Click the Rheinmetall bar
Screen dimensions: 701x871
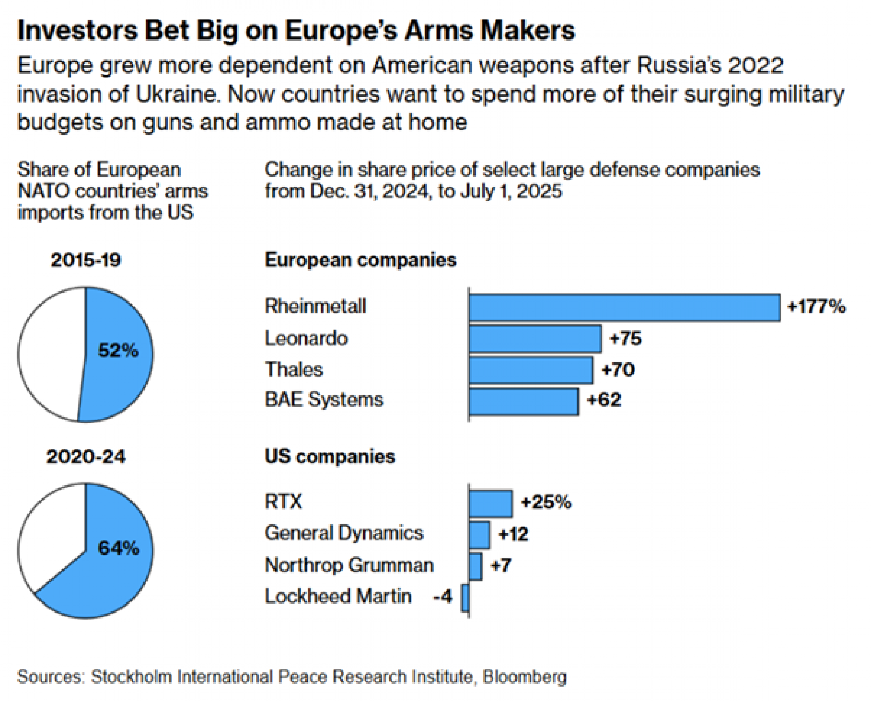click(625, 308)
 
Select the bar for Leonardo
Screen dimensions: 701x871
click(535, 339)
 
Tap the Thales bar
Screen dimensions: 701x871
click(531, 370)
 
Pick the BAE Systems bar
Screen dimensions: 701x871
click(524, 402)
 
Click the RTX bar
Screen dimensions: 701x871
click(491, 504)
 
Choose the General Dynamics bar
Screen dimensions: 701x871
click(479, 535)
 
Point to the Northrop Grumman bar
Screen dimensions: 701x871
click(476, 567)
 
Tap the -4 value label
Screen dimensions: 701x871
click(443, 596)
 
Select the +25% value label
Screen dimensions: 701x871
click(546, 502)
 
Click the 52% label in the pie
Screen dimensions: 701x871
click(118, 350)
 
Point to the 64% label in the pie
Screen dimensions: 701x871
click(118, 548)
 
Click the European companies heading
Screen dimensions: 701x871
click(360, 260)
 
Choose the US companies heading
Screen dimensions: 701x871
click(330, 457)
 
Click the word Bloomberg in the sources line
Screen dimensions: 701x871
click(524, 677)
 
